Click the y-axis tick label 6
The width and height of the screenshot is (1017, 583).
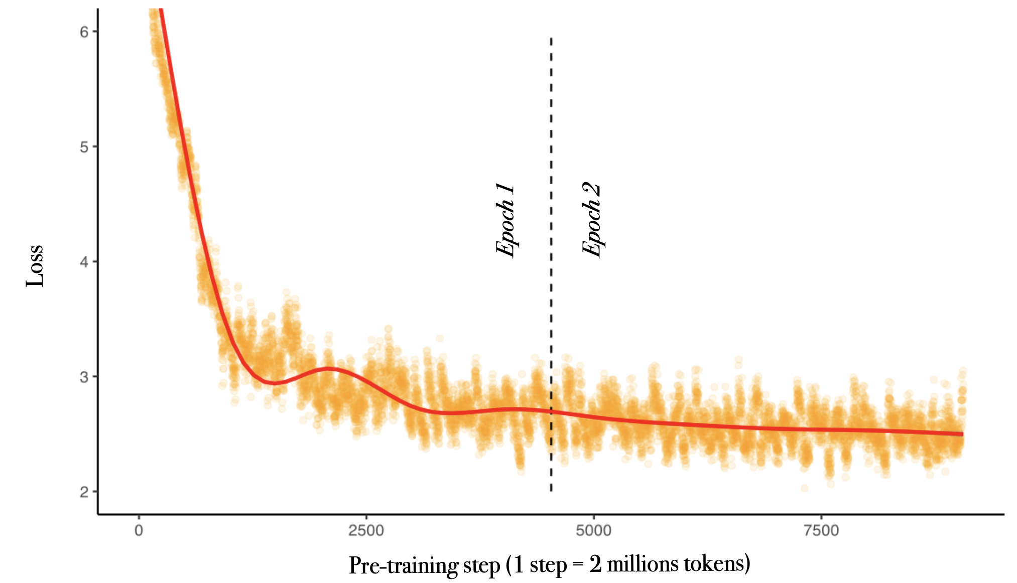84,32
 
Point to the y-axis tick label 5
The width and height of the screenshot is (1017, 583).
84,147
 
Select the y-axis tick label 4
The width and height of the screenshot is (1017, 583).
84,262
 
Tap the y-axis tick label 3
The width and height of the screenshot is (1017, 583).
84,377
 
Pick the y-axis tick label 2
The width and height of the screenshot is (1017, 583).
84,492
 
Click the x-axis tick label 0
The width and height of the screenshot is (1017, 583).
139,530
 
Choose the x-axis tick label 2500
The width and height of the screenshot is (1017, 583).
366,530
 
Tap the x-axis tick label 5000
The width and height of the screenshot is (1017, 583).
593,530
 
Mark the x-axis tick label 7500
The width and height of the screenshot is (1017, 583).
821,530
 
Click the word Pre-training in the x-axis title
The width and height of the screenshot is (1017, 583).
403,565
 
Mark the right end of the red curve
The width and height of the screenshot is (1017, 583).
962,433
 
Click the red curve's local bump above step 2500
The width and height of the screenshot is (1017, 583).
329,369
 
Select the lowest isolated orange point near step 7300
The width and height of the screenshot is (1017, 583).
805,488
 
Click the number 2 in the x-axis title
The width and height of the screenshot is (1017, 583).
595,564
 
